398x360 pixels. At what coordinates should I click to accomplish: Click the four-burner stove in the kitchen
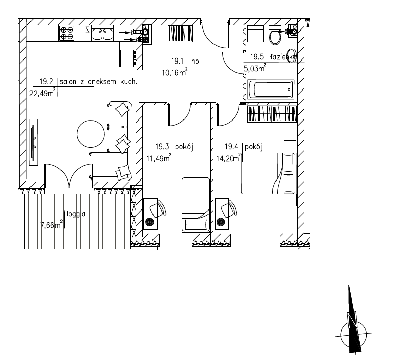67,33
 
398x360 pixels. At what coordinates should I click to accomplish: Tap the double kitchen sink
103,34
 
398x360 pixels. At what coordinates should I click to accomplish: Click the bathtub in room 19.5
270,89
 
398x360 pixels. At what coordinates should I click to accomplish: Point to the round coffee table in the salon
90,134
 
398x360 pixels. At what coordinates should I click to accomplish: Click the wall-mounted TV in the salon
34,142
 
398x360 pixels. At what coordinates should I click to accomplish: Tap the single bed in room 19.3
196,204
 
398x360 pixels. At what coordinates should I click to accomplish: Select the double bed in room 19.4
268,173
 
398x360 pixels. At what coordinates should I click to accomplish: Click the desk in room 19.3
150,214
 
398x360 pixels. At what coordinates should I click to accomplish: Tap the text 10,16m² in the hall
175,72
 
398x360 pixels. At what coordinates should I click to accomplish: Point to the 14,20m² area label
228,158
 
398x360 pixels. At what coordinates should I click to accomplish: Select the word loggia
76,214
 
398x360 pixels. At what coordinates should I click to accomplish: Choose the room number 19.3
162,147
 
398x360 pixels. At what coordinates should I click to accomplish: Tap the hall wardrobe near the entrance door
181,34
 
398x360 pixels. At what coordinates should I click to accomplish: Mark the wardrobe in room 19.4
272,114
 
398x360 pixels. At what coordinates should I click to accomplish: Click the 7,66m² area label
52,225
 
